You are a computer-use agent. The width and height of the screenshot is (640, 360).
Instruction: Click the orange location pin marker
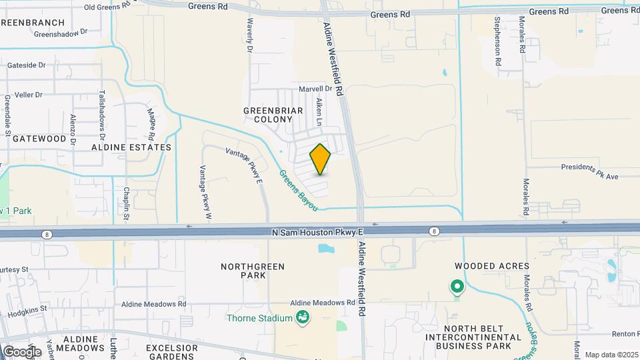point(320,159)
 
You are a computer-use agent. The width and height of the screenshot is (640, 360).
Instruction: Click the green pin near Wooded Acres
point(457,287)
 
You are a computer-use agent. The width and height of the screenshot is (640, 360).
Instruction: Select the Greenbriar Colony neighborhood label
point(268,115)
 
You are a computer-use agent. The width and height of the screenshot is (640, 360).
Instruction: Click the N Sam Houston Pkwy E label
point(317,232)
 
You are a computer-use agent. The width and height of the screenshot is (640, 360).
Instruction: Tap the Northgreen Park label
point(252,271)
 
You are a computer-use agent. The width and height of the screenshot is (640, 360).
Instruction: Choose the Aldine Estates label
point(131,147)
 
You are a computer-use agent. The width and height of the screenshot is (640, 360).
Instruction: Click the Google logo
point(22,351)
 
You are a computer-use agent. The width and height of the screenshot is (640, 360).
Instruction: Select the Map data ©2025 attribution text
point(611,355)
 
